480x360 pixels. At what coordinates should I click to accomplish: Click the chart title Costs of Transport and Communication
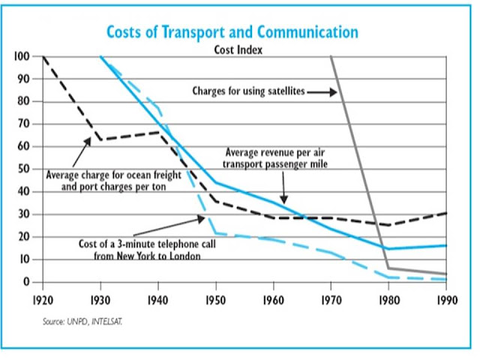tap(232, 32)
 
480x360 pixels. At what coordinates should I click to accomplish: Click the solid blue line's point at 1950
tap(215, 182)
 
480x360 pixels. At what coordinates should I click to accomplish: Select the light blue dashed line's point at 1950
tap(215, 232)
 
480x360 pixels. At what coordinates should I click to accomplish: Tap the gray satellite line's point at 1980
tap(388, 268)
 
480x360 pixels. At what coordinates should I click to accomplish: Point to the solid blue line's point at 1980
tap(388, 248)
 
